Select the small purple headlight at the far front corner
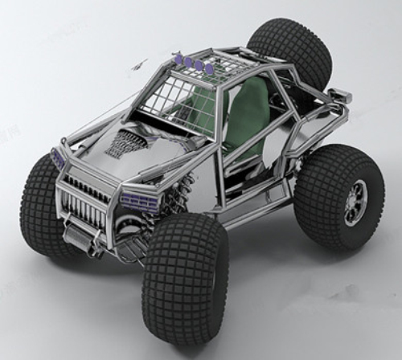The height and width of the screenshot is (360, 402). pyautogui.click(x=58, y=157)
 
